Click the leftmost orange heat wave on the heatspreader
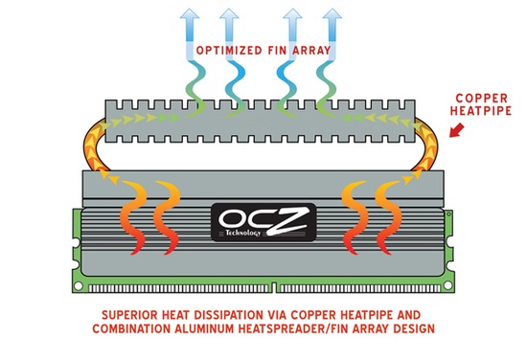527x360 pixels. tap(135, 215)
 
